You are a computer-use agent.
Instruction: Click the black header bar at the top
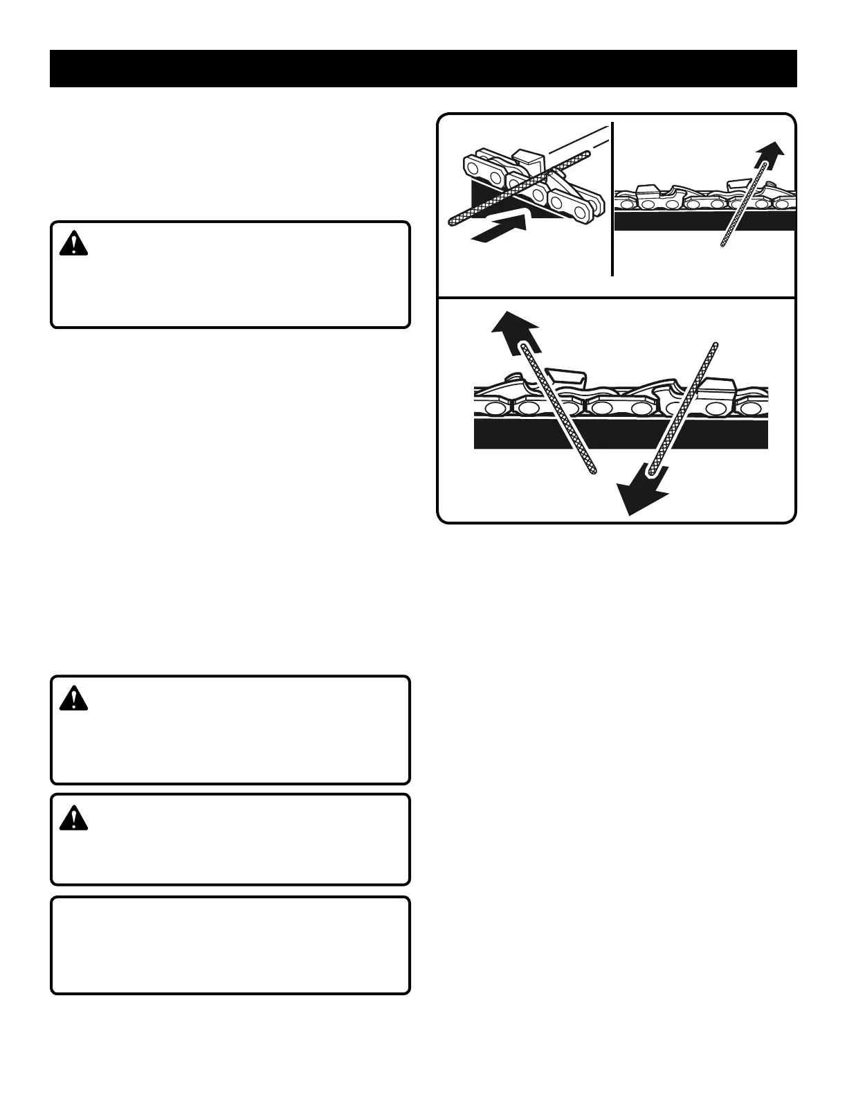423,69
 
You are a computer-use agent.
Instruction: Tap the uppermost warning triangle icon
73,243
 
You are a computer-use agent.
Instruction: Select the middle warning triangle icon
73,698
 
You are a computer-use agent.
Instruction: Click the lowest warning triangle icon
73,819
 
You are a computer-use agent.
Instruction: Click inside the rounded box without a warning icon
230,945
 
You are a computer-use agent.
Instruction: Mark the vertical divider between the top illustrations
613,201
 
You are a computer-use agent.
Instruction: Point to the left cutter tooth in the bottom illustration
567,377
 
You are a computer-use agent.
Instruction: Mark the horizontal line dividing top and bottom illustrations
616,298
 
